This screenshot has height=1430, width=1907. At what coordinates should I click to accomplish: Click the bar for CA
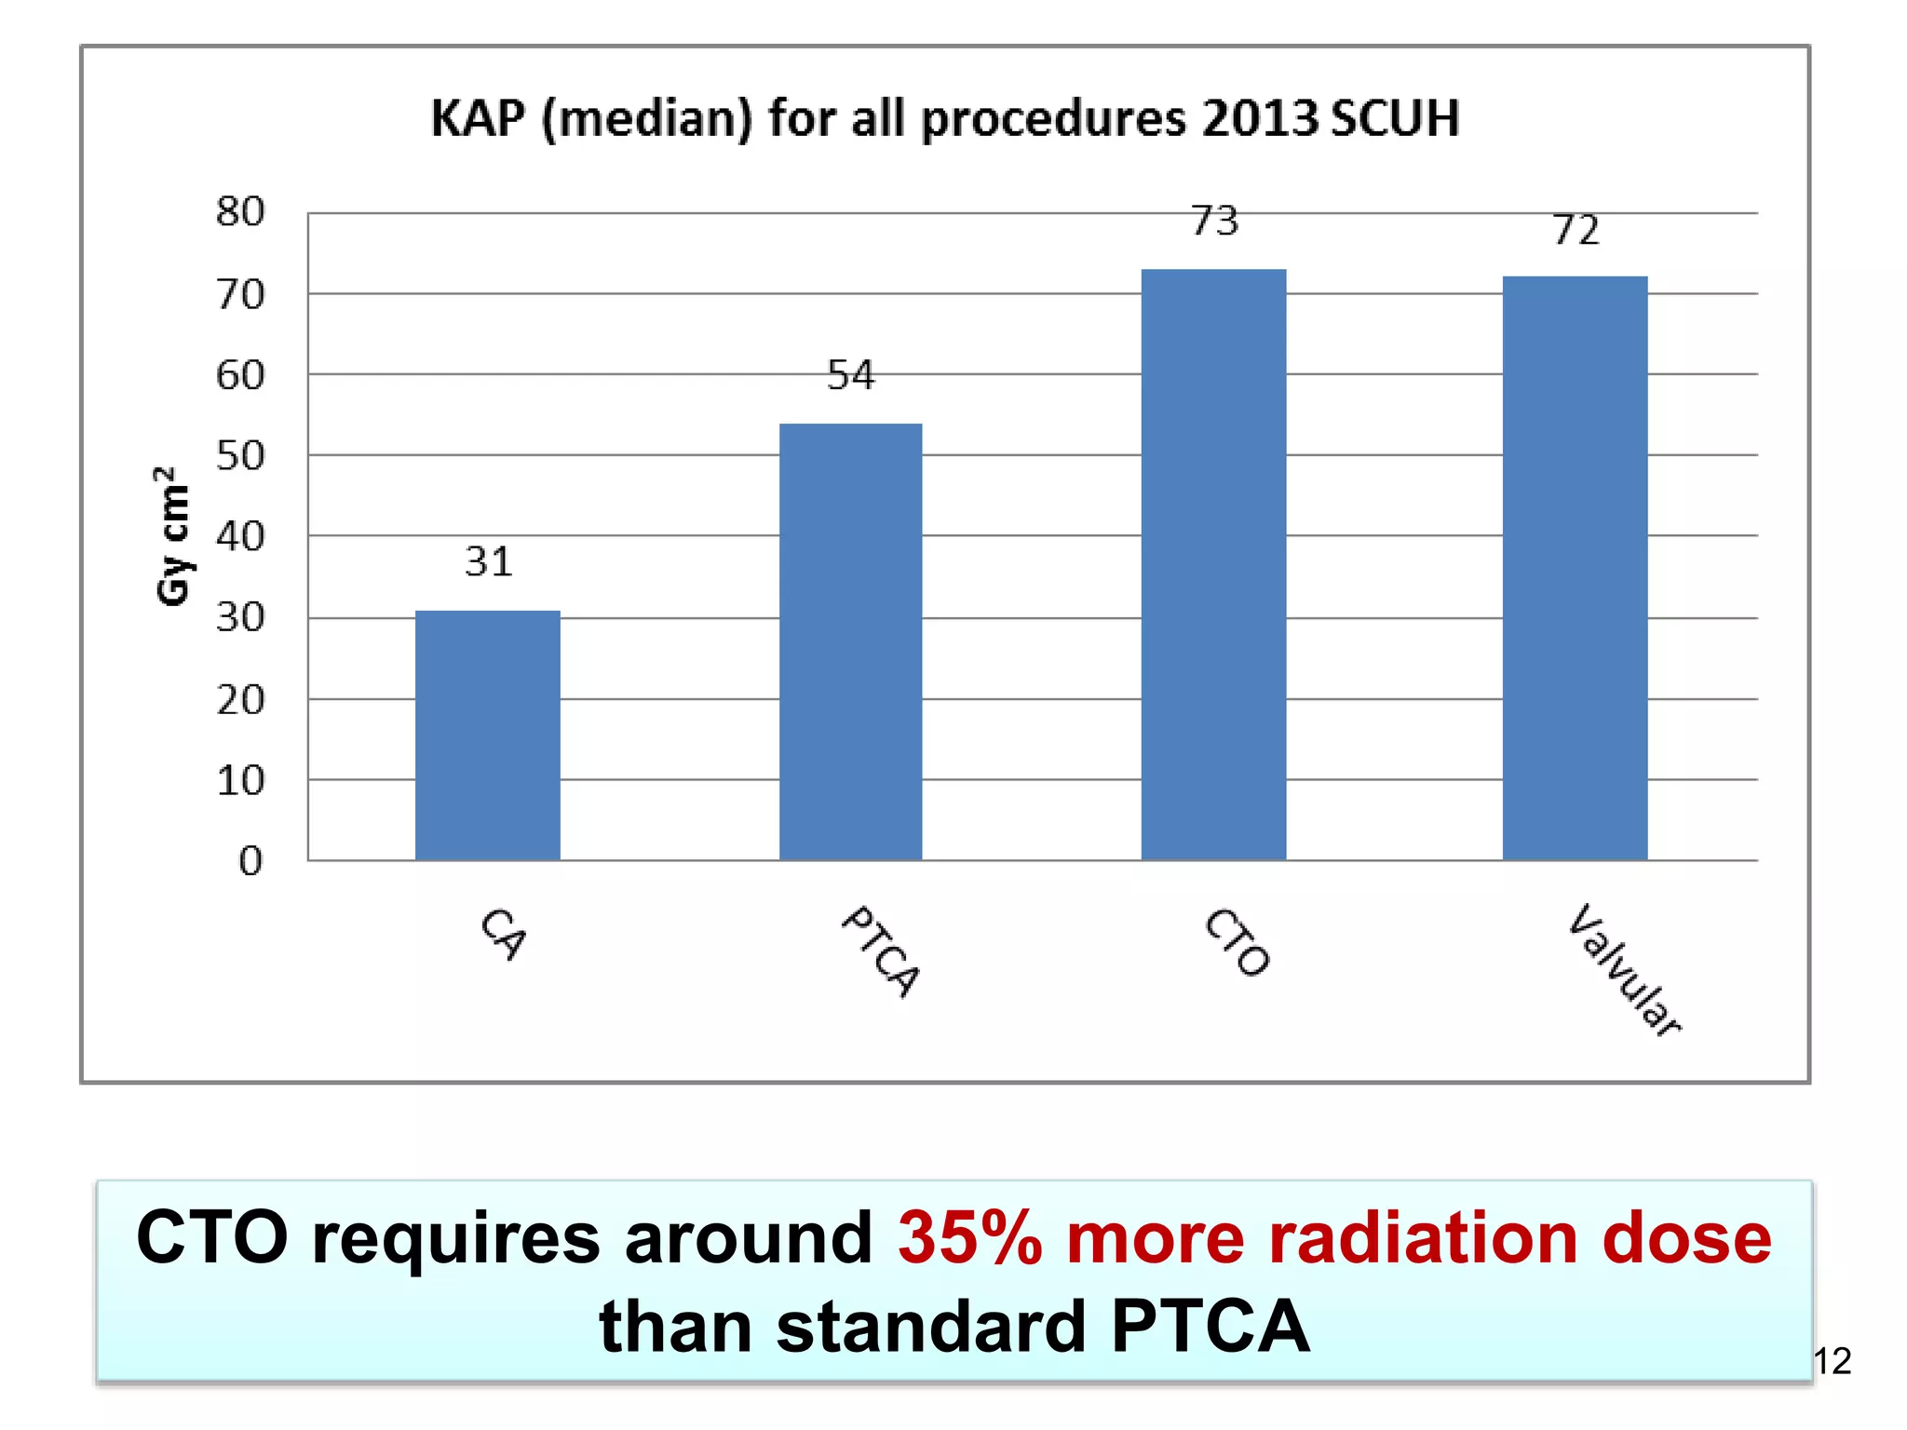(x=488, y=735)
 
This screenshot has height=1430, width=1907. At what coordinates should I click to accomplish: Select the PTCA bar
(x=850, y=642)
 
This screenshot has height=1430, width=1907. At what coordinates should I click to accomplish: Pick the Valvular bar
(x=1575, y=568)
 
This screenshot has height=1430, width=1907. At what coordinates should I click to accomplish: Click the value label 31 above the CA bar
(x=489, y=562)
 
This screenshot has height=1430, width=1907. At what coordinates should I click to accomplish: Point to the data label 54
(x=851, y=376)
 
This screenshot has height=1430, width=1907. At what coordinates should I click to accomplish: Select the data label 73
(x=1215, y=222)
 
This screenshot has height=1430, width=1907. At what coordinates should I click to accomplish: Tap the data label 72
(x=1576, y=231)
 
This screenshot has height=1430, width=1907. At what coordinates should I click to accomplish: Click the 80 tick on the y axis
(x=240, y=212)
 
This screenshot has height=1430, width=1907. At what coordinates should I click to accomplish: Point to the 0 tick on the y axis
(x=250, y=861)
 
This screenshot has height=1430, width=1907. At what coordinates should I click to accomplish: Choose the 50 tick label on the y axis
(x=240, y=456)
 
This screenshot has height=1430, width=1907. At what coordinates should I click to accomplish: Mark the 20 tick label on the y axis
(x=240, y=700)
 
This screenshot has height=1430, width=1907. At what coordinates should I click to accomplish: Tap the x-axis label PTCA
(x=881, y=951)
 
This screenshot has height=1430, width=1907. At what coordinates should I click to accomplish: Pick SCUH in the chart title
(x=1394, y=119)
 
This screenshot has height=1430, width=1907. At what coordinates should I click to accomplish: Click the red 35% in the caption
(x=969, y=1239)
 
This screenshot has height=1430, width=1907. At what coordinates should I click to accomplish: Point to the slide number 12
(x=1833, y=1362)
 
